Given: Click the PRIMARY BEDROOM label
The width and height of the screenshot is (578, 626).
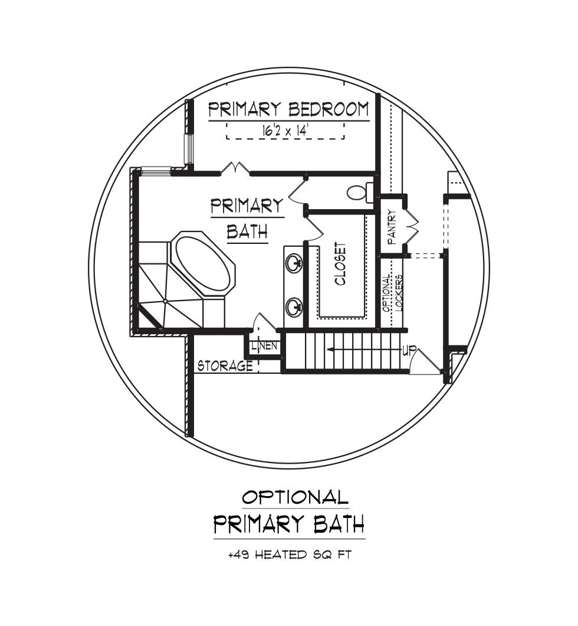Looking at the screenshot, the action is (x=288, y=109).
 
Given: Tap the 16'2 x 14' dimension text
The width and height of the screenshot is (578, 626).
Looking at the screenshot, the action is (x=286, y=131).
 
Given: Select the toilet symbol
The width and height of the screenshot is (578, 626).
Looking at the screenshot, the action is (x=360, y=192).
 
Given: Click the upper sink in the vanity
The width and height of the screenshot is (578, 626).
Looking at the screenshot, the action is (x=295, y=263).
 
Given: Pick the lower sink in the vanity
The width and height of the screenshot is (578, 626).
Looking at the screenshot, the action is (x=295, y=307).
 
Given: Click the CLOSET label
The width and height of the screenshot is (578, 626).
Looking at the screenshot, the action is (x=340, y=264).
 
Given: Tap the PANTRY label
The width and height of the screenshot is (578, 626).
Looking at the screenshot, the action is (x=392, y=227).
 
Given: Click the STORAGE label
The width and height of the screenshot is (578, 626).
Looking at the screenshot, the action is (x=225, y=366).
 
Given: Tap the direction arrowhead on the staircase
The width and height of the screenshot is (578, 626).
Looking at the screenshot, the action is (x=330, y=350).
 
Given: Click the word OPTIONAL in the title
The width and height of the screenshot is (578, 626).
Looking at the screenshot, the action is (x=295, y=497).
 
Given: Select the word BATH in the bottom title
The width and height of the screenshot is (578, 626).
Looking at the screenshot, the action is (x=339, y=524).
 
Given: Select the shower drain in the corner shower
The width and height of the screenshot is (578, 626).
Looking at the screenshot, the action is (x=165, y=301).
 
